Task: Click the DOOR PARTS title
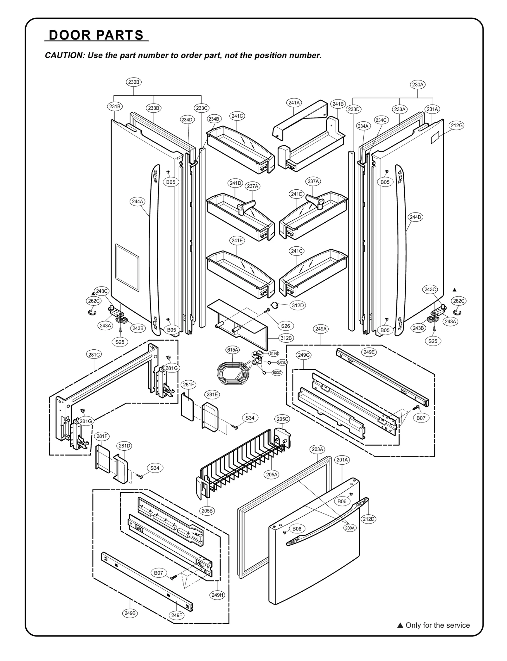pos(96,35)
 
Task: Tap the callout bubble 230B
pos(133,82)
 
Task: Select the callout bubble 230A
pos(418,85)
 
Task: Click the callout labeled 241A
pos(294,103)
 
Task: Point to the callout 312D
pos(298,305)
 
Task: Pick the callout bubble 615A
pos(233,350)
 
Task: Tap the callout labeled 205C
pos(283,419)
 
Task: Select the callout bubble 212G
pos(457,125)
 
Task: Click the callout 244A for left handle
pos(138,201)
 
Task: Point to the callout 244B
pos(415,217)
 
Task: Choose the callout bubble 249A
pos(321,329)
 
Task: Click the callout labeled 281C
pos(94,355)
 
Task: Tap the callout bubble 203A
pos(317,449)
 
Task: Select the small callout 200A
pos(350,528)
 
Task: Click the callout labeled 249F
pos(177,615)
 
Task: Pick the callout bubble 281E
pos(212,394)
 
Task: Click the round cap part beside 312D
pos(274,305)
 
